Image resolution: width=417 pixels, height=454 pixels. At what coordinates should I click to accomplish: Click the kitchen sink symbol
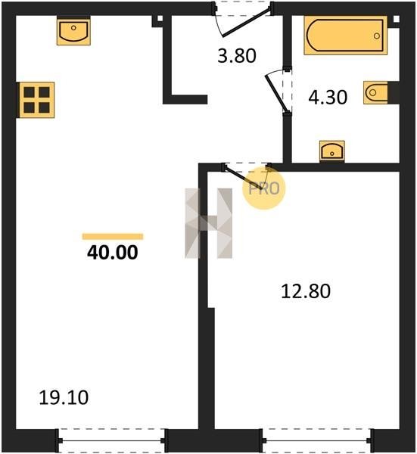click(73, 31)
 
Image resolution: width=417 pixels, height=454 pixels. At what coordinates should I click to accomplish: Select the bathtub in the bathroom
click(345, 36)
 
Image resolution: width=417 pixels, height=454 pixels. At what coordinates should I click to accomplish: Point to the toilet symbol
click(376, 92)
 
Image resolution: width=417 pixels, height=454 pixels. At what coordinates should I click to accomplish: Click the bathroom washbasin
click(332, 151)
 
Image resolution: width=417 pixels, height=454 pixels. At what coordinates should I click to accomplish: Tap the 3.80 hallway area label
click(237, 56)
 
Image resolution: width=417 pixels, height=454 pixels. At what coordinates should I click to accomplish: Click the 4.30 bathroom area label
click(328, 98)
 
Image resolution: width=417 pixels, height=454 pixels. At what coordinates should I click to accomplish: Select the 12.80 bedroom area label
click(306, 291)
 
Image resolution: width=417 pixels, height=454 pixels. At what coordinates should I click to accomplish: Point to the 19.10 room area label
click(64, 397)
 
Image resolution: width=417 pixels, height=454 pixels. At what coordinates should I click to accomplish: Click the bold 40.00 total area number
click(113, 253)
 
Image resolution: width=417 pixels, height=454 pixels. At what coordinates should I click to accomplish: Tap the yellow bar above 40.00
click(113, 237)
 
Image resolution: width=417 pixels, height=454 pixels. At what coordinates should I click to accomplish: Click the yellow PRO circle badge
click(264, 188)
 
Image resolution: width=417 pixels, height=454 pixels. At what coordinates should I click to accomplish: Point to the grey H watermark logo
click(209, 223)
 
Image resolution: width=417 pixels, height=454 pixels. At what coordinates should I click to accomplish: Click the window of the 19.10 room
click(112, 440)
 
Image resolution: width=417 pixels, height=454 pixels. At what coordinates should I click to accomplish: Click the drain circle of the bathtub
click(377, 36)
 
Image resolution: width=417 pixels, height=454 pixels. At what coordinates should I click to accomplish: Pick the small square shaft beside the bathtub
click(396, 19)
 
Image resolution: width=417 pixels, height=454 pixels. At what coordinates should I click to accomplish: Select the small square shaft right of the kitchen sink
click(160, 19)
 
